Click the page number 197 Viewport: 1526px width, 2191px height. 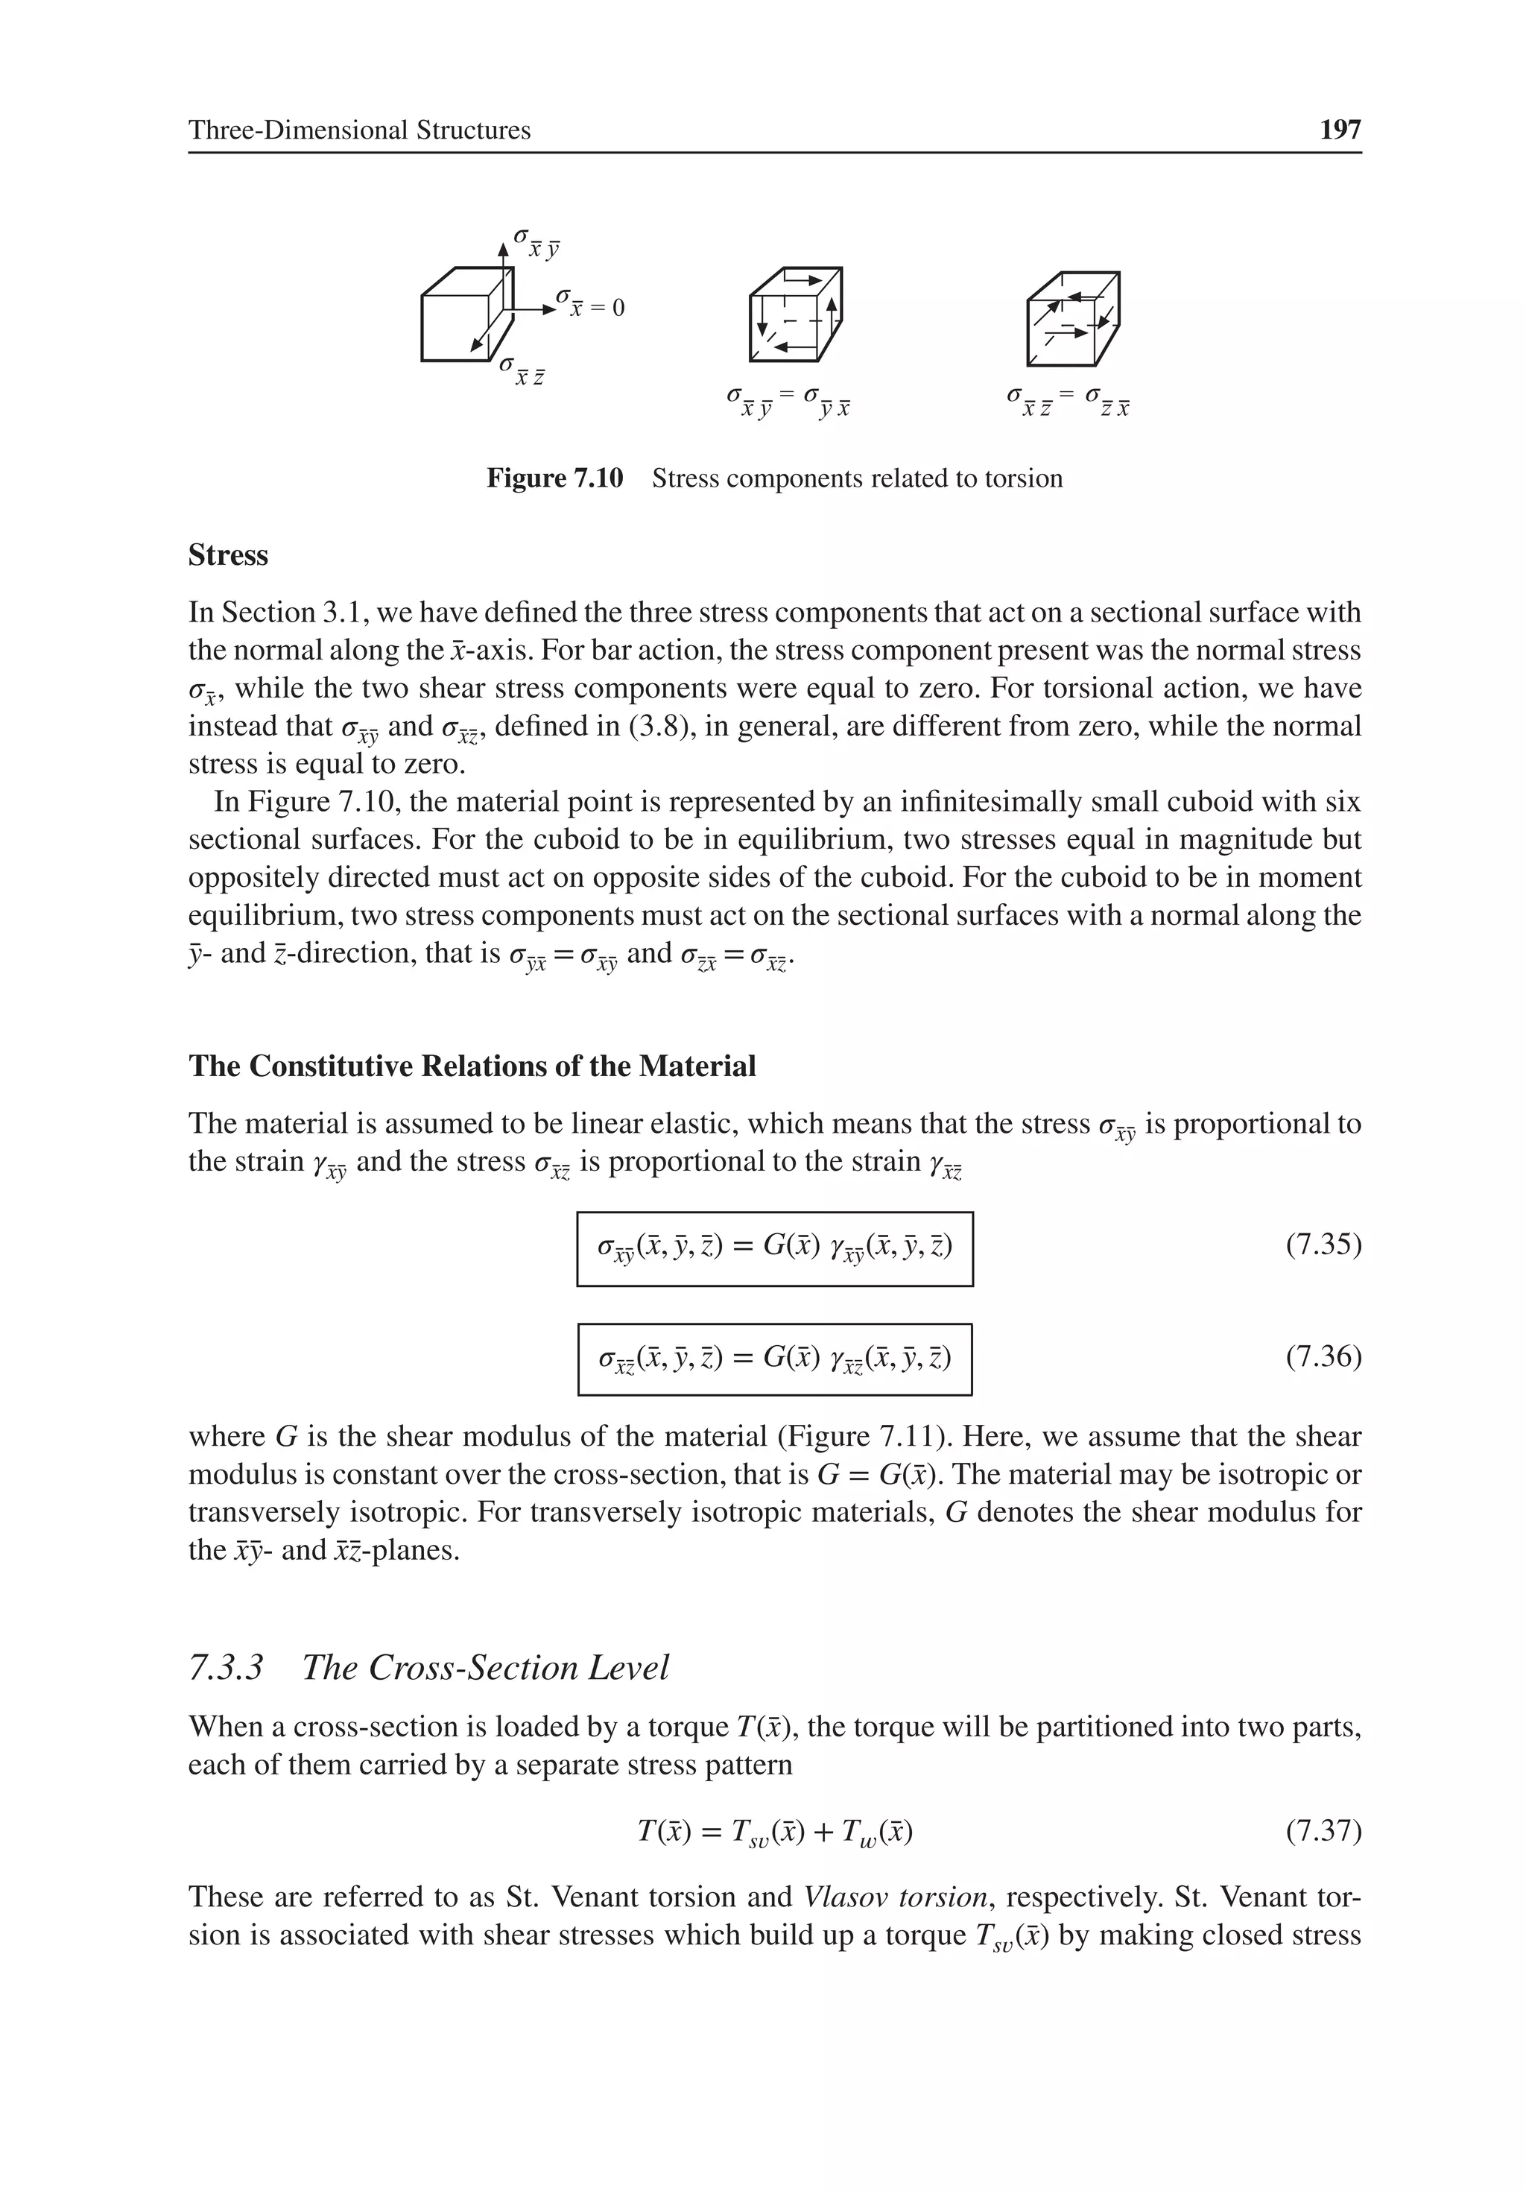coord(1339,130)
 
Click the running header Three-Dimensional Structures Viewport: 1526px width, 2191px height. coord(359,130)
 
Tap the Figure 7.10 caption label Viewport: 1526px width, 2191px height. coord(554,478)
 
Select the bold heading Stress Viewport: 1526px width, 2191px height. coord(228,555)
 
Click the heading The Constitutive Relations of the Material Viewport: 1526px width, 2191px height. coord(472,1066)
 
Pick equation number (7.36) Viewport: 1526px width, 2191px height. coord(1323,1356)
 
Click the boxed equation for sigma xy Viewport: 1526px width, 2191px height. coord(774,1248)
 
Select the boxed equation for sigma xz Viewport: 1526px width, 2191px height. coord(774,1359)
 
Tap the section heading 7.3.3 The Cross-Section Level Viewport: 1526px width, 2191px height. coord(428,1668)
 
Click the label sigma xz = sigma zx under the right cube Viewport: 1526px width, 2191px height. coord(1068,402)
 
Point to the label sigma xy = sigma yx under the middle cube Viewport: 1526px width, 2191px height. coord(788,402)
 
